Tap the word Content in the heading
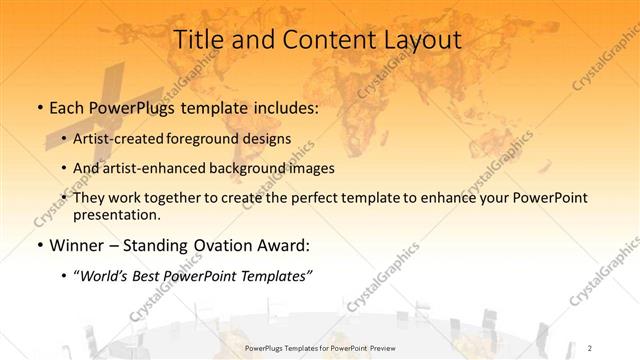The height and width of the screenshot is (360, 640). (318, 41)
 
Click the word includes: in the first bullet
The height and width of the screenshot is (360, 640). (282, 105)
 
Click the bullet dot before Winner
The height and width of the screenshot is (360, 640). (39, 244)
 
